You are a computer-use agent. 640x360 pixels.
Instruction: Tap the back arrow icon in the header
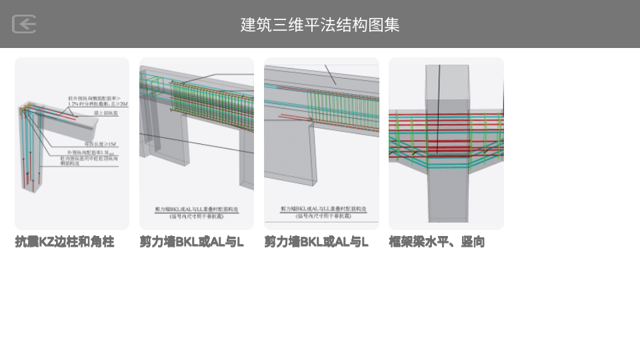24,24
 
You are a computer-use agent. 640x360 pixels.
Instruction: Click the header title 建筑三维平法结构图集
320,25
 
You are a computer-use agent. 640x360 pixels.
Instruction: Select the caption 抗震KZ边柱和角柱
65,242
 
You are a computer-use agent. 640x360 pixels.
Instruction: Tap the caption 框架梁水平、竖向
437,242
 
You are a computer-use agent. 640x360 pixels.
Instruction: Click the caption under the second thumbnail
191,242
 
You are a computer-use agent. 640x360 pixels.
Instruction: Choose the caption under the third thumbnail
316,242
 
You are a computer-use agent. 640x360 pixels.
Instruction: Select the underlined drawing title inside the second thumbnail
196,209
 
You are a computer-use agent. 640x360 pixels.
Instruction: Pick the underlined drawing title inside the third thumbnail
321,209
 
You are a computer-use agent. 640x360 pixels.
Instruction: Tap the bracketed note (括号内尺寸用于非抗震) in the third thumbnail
321,215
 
